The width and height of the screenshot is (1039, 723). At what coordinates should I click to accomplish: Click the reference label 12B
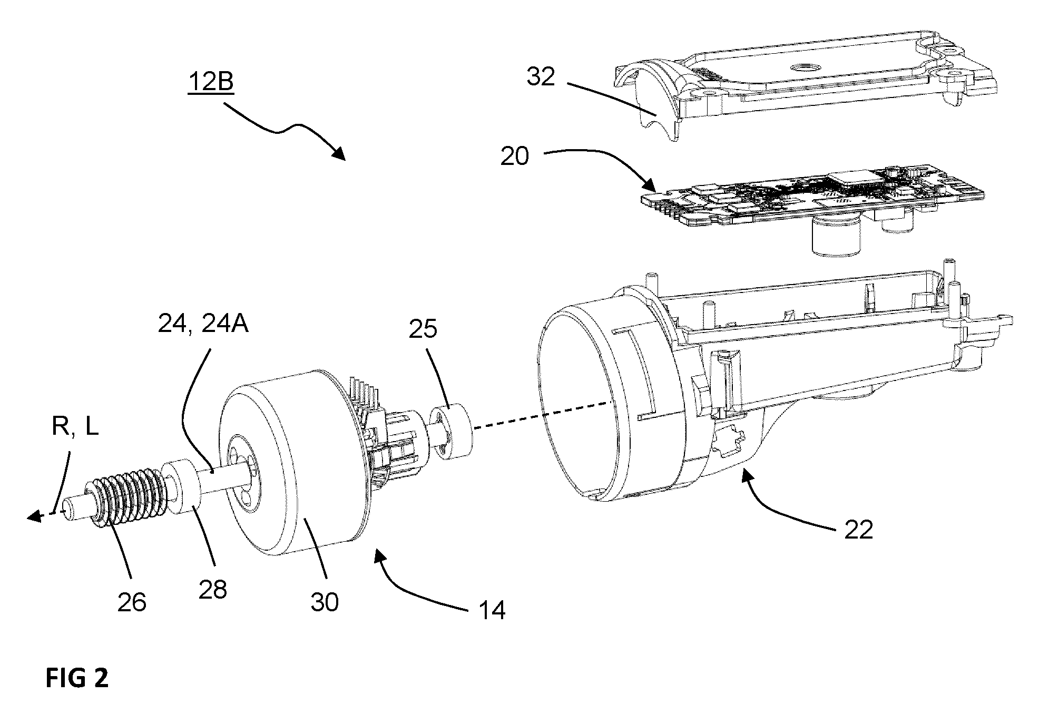point(210,83)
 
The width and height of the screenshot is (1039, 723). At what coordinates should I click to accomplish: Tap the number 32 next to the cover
point(541,77)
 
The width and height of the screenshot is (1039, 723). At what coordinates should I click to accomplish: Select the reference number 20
point(515,157)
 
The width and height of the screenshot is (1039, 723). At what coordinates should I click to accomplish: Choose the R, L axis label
point(75,427)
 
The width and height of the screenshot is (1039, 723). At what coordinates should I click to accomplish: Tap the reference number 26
point(132,602)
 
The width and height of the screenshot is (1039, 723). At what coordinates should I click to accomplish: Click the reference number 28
point(213,589)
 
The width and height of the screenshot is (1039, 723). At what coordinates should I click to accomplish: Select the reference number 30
point(324,602)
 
